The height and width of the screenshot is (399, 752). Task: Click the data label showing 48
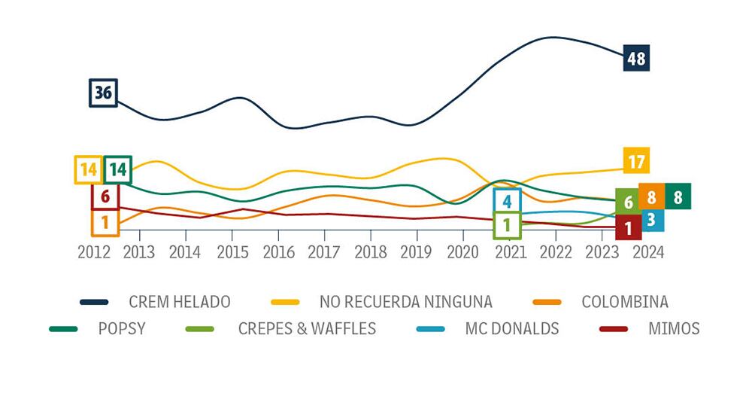pos(636,58)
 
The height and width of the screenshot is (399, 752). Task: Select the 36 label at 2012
pos(104,93)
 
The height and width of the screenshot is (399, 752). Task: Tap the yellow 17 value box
pos(636,160)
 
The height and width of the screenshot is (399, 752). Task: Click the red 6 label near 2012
pos(105,196)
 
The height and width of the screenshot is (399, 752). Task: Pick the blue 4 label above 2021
pos(507,201)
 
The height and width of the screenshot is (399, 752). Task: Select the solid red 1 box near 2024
pos(628,227)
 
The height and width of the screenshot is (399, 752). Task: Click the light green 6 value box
pos(628,202)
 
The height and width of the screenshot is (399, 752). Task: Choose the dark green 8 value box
pos(678,196)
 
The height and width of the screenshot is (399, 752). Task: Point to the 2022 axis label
pos(556,252)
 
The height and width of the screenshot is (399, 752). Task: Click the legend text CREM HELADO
pos(180,302)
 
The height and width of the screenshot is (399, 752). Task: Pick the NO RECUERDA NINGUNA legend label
pos(406,302)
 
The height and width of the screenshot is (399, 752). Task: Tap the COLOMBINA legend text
pos(625,302)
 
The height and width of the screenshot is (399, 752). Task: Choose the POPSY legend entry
pos(123,329)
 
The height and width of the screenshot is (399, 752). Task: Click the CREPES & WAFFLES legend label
pos(307,329)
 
